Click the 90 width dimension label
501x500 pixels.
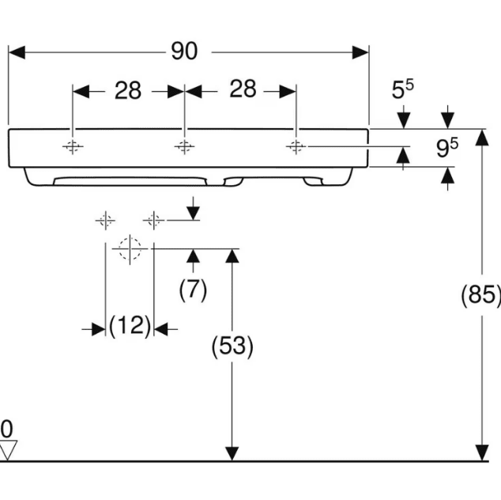183,51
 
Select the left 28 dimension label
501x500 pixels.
127,91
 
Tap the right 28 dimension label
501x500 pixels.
243,89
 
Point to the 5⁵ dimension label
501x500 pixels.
404,90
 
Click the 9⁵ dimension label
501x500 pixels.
447,148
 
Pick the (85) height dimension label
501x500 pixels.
480,295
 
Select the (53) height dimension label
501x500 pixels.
232,347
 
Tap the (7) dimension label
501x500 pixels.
193,290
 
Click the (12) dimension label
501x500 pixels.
130,325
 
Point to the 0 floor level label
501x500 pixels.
6,430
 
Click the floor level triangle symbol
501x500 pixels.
8,452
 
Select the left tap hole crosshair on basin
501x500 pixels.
72,146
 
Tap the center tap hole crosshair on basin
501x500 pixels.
184,146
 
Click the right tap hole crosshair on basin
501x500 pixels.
296,146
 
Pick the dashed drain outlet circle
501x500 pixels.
129,248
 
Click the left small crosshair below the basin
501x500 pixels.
105,220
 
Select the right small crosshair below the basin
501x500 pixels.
154,220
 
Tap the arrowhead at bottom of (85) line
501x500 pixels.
480,453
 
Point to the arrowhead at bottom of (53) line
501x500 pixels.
232,453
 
